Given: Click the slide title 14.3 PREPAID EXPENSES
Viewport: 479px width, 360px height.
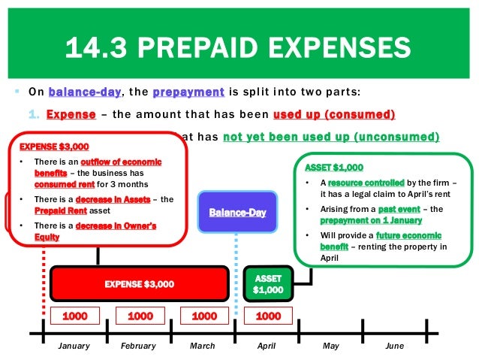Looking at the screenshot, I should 239,48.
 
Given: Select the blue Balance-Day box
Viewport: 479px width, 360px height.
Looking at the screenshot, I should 237,213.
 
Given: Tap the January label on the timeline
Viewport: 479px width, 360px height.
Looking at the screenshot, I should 74,346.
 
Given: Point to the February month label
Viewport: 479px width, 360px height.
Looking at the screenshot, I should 138,346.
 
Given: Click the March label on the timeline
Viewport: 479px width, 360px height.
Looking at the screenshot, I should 203,346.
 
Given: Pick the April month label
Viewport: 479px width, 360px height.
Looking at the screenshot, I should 267,346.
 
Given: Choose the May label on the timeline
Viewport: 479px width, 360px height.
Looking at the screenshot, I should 331,346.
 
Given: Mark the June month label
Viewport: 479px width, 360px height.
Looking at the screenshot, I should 394,346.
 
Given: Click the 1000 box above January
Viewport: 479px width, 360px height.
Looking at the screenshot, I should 75,316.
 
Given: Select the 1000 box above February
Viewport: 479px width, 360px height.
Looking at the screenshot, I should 140,316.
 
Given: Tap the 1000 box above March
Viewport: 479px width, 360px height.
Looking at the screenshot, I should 204,316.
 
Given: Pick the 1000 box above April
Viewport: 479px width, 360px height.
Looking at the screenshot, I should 268,316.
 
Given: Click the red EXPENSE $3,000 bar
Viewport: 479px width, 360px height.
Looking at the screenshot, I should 139,284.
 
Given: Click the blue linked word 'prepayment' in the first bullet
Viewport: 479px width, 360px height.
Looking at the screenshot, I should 188,92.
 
